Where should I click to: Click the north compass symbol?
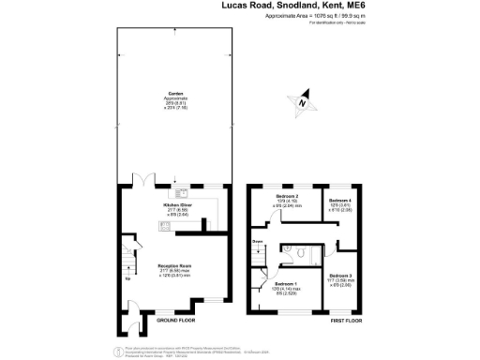[x=303, y=103]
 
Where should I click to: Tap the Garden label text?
[x=174, y=93]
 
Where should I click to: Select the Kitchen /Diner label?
[x=178, y=203]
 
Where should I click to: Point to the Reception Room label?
[x=175, y=266]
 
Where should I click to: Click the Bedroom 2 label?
[x=287, y=197]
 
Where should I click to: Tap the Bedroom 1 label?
[x=286, y=283]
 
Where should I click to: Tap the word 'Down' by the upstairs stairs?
[x=256, y=242]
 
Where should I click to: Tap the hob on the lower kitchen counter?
[x=166, y=226]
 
